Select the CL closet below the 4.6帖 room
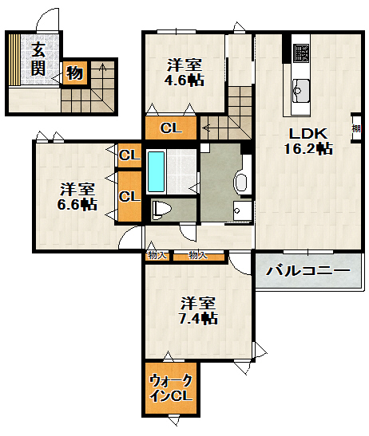point(169,128)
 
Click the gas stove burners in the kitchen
point(301,53)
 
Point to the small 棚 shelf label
point(355,128)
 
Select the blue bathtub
point(157,170)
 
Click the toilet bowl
point(161,210)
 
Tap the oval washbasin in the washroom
point(241,183)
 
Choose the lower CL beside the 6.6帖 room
point(128,195)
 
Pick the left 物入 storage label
point(157,256)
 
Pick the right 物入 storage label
point(198,256)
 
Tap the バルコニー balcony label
point(307,271)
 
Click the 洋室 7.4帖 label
point(197,310)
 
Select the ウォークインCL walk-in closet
point(170,387)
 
